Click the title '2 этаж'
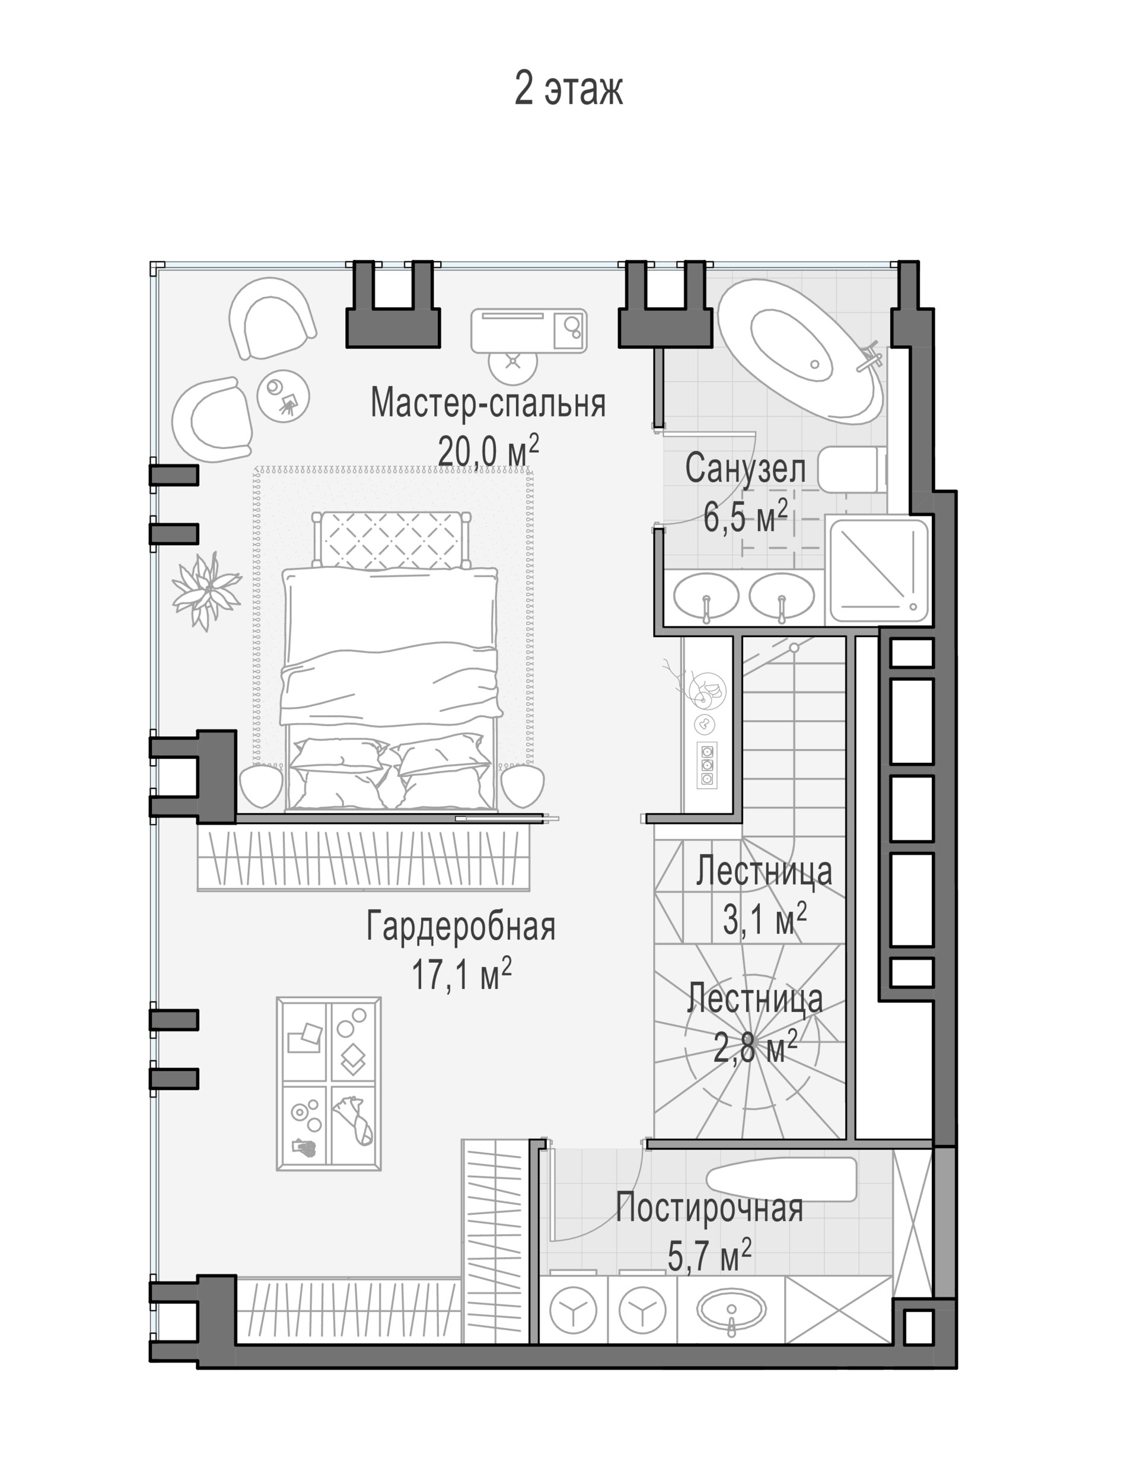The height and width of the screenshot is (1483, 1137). [568, 88]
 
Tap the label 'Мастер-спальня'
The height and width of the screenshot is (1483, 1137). [488, 402]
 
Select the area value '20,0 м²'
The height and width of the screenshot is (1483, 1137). [488, 450]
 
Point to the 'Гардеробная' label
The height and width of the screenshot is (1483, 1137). [460, 926]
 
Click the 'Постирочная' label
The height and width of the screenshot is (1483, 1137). [709, 1208]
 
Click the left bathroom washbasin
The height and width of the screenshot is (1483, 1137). [706, 596]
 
